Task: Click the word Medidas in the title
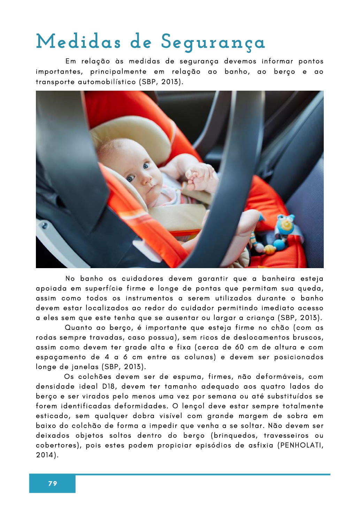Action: [x=78, y=42]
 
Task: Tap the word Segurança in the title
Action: [x=213, y=43]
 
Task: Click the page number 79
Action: [x=53, y=483]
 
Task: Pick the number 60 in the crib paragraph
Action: [x=239, y=347]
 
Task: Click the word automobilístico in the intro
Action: [x=107, y=82]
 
